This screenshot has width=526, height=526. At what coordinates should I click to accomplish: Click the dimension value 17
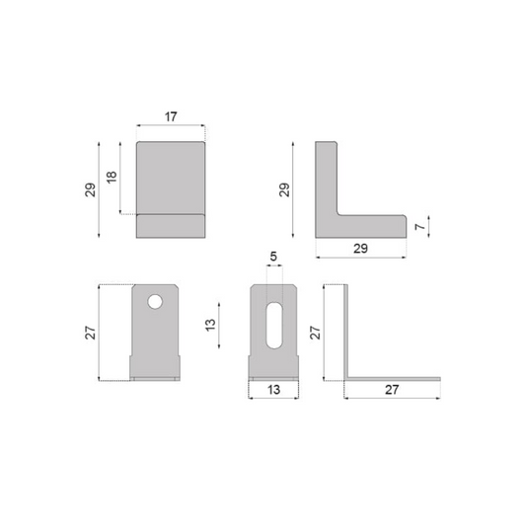click(171, 116)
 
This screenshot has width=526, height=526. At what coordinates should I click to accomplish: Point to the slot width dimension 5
click(273, 258)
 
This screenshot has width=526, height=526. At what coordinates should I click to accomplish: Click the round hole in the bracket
click(155, 300)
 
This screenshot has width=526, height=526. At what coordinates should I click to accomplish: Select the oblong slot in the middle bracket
click(274, 324)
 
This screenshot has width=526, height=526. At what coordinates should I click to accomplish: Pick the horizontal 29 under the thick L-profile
click(360, 248)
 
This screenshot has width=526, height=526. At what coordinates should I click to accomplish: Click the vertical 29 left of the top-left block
click(91, 188)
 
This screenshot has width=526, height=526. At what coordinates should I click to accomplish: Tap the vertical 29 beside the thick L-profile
click(285, 188)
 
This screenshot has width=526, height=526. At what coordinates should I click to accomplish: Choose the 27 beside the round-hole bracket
click(90, 334)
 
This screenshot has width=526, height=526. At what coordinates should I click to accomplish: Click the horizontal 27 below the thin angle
click(391, 390)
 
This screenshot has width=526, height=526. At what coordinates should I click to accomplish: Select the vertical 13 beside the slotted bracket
click(210, 327)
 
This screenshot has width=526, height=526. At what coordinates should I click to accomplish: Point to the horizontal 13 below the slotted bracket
click(273, 390)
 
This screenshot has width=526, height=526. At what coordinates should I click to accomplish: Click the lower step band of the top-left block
click(170, 226)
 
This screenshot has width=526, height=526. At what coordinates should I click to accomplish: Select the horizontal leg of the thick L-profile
click(370, 226)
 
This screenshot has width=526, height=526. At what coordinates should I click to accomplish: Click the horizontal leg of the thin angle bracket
click(395, 377)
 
